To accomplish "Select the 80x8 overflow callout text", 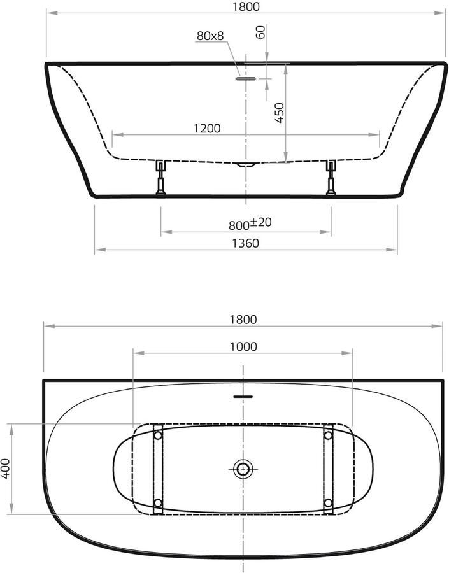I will point(210,36).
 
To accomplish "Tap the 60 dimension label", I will point(260,32).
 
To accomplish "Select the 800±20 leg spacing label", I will point(250,223).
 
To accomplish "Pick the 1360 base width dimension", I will point(245,243).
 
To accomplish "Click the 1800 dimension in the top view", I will point(245,320).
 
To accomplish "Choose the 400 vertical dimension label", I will point(6,469).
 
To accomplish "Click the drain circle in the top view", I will point(243,470).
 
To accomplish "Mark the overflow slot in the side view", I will point(245,79).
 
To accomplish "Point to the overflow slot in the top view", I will point(243,396).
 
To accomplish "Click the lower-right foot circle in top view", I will point(328,503).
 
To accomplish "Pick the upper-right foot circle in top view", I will point(328,435).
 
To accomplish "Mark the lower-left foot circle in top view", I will point(157,503).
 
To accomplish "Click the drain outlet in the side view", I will point(245,165).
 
